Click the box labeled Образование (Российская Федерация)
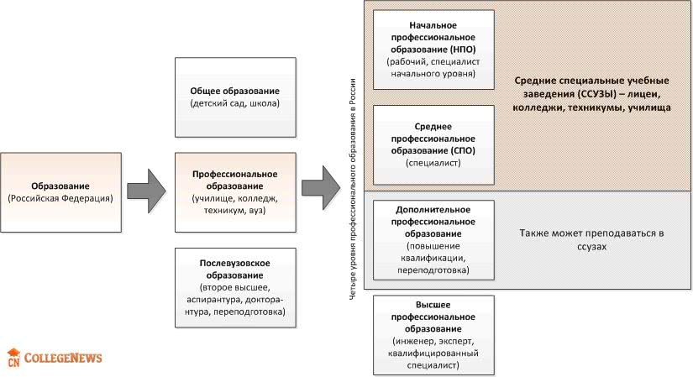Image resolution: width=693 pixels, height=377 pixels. click(x=60, y=192)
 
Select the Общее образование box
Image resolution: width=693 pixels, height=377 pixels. click(x=234, y=97)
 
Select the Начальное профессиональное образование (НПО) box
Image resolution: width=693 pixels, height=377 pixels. click(x=432, y=50)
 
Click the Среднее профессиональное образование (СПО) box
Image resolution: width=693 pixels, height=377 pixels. click(x=432, y=144)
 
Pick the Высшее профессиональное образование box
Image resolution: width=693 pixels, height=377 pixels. click(x=432, y=335)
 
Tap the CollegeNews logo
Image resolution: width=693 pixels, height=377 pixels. click(x=55, y=358)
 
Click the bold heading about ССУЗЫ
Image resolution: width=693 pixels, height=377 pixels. click(x=591, y=93)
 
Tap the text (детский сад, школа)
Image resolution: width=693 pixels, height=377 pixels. click(x=234, y=103)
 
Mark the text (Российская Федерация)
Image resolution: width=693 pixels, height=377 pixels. click(x=60, y=199)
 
